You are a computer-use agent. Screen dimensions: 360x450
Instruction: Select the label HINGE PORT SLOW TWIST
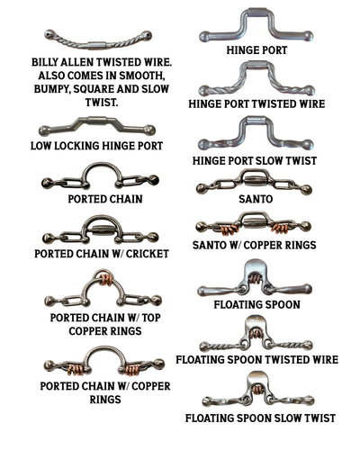(x=255, y=161)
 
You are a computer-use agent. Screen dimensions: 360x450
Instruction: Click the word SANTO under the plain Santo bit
(x=256, y=199)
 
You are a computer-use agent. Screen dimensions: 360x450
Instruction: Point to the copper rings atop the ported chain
(x=105, y=280)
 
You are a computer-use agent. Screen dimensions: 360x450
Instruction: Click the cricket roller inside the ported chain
(x=101, y=230)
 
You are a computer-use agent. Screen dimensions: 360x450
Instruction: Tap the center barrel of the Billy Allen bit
(x=97, y=45)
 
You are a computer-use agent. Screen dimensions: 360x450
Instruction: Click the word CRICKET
(x=148, y=254)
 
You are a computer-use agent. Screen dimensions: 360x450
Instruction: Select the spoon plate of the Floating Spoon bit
(x=256, y=267)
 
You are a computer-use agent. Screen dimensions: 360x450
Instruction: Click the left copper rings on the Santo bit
(x=229, y=229)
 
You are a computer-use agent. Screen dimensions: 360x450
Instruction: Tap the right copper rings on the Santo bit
(x=281, y=229)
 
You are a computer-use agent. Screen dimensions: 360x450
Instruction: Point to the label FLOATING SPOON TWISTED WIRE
(x=256, y=359)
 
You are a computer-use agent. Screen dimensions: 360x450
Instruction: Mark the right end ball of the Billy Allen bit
(x=147, y=36)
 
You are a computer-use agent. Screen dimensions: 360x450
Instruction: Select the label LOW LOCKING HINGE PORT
(x=97, y=146)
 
